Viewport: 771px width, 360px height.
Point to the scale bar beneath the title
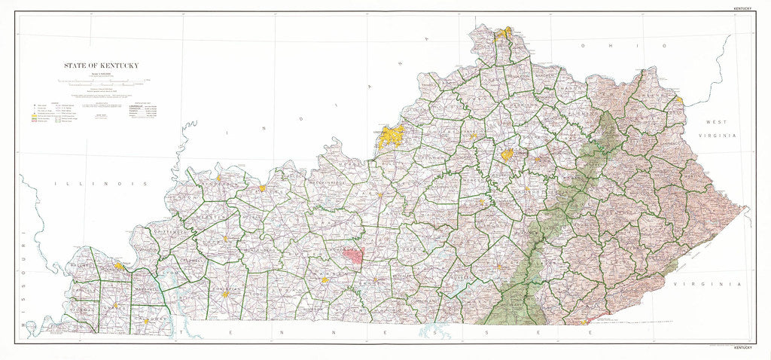[x=105, y=80]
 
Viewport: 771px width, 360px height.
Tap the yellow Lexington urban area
[x=507, y=154]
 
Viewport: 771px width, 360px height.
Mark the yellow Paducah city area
[x=119, y=266]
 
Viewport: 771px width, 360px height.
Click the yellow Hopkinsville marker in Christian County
[x=224, y=294]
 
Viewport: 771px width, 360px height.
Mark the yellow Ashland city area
[x=678, y=99]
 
